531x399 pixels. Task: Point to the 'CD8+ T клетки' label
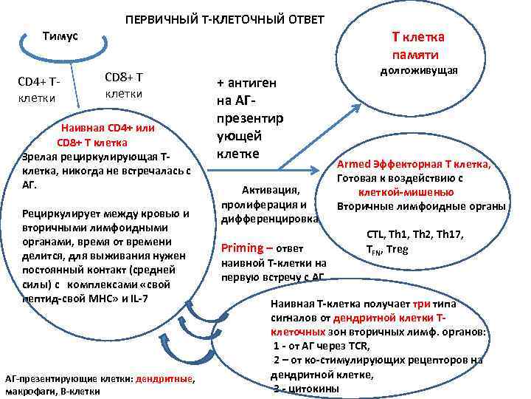tap(124, 85)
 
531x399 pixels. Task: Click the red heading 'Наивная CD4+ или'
tap(107, 128)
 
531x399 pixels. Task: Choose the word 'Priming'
tap(242, 248)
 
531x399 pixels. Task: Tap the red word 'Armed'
tap(353, 165)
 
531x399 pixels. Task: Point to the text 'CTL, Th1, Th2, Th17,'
tap(414, 235)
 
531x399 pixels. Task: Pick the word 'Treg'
tap(397, 249)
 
